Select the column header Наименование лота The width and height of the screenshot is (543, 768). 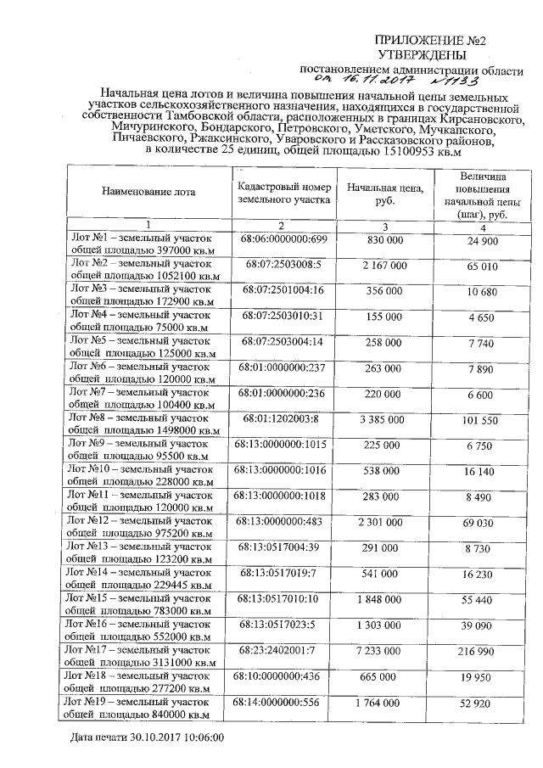pos(148,192)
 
